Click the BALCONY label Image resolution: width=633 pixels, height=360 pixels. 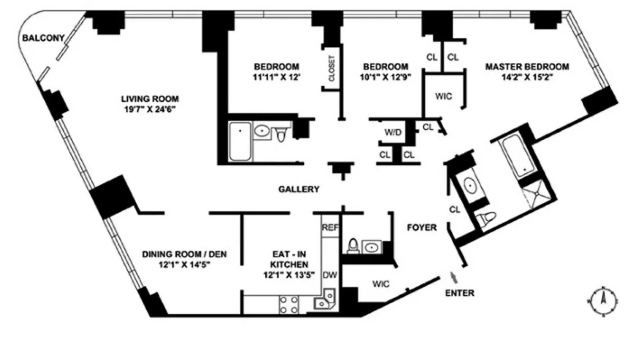point(43,37)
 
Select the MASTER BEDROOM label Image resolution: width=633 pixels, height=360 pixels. point(527,67)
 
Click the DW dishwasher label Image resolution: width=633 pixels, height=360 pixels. point(330,274)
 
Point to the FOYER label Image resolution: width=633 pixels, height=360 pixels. point(421,228)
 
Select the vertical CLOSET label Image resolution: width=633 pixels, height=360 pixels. point(332,69)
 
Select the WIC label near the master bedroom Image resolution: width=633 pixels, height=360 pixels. point(443,96)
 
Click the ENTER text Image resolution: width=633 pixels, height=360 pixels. point(459,293)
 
